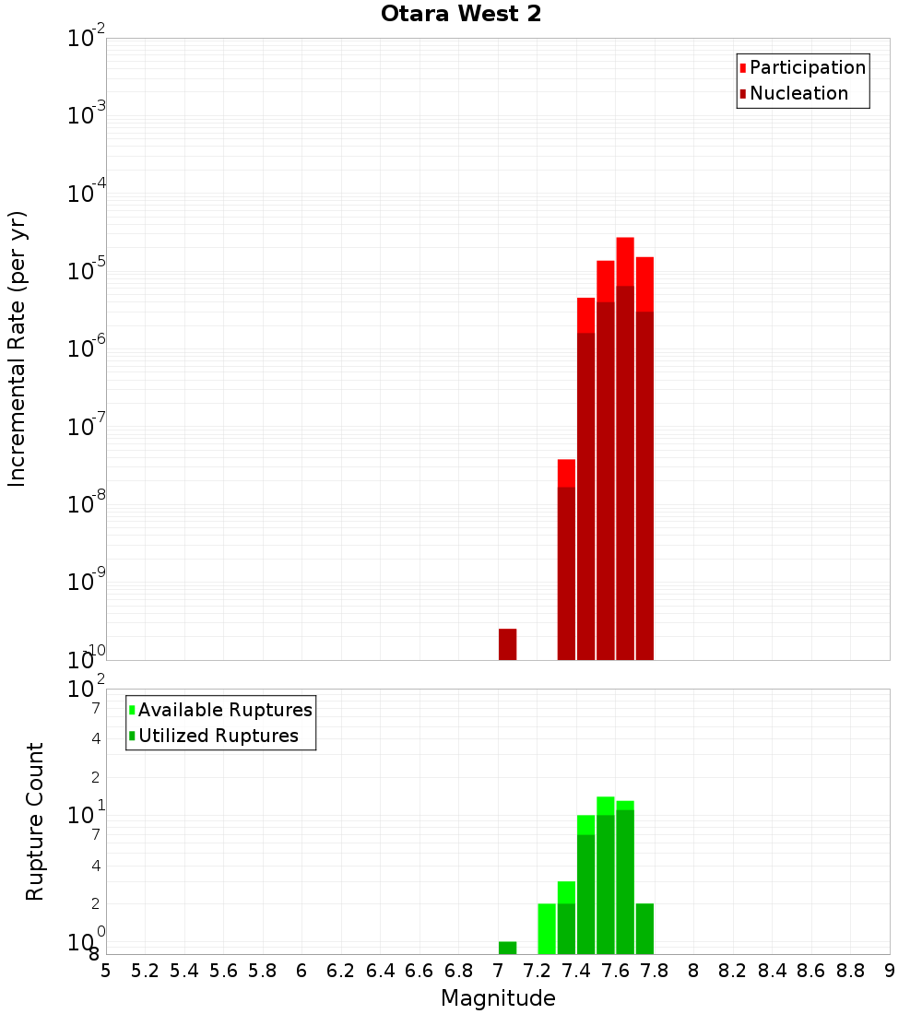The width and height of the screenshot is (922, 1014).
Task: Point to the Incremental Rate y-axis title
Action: [18, 348]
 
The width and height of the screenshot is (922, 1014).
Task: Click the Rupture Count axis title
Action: [35, 821]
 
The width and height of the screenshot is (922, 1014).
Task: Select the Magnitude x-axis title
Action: [498, 998]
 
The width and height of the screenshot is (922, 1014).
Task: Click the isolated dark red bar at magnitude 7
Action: [507, 643]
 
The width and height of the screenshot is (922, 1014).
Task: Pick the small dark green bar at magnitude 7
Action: [507, 948]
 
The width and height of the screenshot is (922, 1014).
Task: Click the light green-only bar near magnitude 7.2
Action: [547, 928]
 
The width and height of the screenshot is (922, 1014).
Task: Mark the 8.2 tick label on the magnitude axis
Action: [733, 970]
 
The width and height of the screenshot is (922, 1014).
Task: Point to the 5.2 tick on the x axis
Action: [145, 970]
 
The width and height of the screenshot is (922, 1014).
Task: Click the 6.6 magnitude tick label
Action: [420, 970]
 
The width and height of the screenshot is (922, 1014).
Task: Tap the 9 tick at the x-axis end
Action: [890, 970]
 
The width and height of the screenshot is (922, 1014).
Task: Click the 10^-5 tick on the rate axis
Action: [87, 272]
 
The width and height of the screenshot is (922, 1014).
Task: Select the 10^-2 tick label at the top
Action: [87, 39]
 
